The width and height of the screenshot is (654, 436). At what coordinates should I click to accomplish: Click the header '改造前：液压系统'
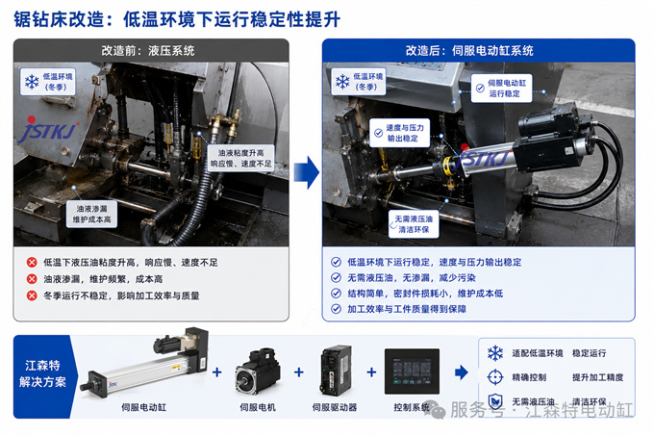point(148,51)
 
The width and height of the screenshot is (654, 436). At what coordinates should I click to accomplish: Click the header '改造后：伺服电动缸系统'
point(469,51)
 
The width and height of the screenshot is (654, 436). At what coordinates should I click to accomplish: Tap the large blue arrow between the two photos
point(307,172)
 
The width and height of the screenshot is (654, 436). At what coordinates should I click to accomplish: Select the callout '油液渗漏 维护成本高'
point(91,214)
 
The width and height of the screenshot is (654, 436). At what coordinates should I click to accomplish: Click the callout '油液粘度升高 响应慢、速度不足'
point(241,158)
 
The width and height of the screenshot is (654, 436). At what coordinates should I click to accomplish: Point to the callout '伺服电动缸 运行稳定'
point(501,89)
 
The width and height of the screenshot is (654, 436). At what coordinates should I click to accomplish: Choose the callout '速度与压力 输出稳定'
point(399,133)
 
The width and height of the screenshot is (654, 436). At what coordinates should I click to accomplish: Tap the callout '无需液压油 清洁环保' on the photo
point(414,224)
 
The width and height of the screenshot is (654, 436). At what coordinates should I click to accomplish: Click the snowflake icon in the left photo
point(32,82)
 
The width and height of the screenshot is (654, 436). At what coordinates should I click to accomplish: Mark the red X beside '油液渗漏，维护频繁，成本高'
point(32,279)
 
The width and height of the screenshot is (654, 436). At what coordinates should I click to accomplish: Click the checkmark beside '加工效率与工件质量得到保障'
point(336,309)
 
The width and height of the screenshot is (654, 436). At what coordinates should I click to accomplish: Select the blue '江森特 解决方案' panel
point(42,376)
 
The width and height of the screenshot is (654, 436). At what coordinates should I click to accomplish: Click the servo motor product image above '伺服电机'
point(258,372)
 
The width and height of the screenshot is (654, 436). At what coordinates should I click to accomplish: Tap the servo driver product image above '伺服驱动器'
point(336,370)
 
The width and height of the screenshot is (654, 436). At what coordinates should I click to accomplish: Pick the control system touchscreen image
point(412,372)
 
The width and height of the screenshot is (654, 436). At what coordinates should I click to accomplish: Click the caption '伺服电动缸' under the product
point(144,407)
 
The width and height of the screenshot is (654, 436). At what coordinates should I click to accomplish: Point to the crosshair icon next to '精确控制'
point(495,377)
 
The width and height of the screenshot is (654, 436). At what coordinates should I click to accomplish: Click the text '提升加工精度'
point(597,377)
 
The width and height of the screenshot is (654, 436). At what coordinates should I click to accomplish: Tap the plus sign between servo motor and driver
point(299,372)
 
